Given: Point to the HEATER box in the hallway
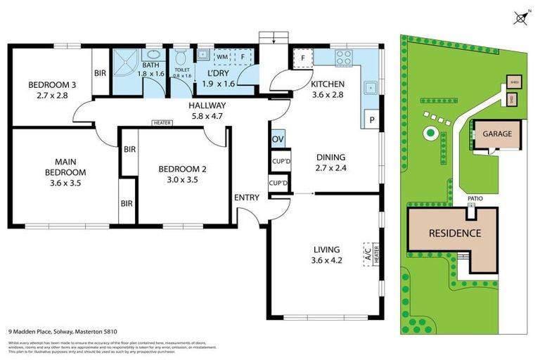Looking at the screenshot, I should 162,122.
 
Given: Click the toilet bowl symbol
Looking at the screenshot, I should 181,56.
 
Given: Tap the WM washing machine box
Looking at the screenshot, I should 221,56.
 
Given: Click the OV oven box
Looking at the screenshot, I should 278,139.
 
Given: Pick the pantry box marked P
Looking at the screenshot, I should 371,120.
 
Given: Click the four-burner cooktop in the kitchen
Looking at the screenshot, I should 344,56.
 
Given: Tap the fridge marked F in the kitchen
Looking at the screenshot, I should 302,58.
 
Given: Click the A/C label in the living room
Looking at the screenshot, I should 367,254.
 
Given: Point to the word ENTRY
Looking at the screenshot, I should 246,198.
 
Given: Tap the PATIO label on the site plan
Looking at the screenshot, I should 475,199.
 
